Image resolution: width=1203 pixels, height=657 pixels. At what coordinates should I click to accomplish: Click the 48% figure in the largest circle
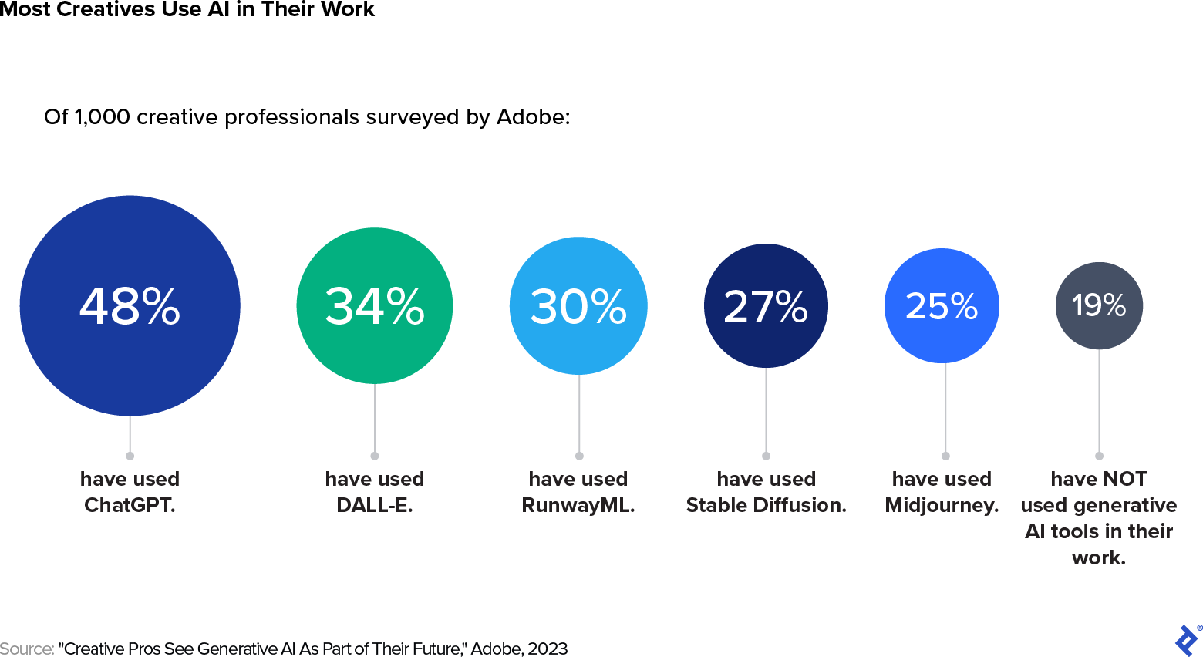pyautogui.click(x=130, y=306)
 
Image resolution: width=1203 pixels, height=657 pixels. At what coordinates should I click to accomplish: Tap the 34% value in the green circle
pyautogui.click(x=375, y=306)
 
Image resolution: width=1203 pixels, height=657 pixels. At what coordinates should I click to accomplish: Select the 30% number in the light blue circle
pyautogui.click(x=578, y=306)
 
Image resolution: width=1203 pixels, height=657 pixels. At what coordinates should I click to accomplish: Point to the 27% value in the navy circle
pyautogui.click(x=766, y=306)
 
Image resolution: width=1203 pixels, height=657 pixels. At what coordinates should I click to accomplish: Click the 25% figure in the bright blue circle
pyautogui.click(x=942, y=306)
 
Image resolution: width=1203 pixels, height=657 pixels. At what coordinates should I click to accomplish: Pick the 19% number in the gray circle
pyautogui.click(x=1099, y=305)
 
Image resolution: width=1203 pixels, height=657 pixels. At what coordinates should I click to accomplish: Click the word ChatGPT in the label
pyautogui.click(x=130, y=505)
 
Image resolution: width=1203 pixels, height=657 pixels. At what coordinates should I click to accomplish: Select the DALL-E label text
pyautogui.click(x=375, y=505)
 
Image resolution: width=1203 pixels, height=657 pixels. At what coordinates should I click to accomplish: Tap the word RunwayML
pyautogui.click(x=578, y=505)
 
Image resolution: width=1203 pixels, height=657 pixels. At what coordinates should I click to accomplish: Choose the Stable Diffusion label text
pyautogui.click(x=766, y=505)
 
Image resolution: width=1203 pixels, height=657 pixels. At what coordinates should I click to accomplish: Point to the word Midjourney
pyautogui.click(x=942, y=505)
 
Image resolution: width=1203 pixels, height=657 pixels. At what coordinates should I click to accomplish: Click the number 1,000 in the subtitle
pyautogui.click(x=102, y=117)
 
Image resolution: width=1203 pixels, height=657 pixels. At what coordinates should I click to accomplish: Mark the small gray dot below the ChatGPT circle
pyautogui.click(x=130, y=456)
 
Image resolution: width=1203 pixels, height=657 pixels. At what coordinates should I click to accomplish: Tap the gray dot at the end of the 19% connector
pyautogui.click(x=1099, y=456)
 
